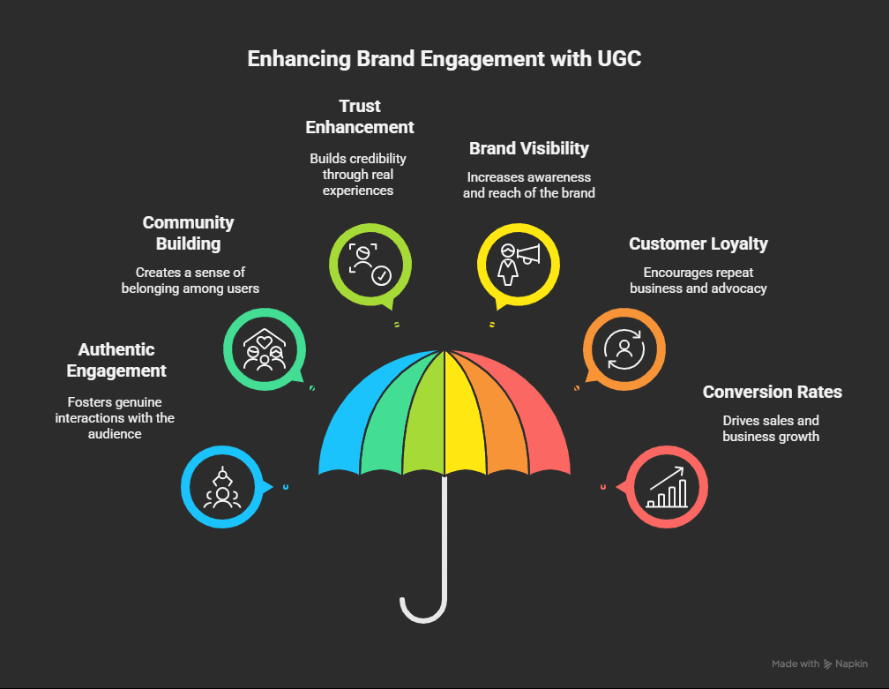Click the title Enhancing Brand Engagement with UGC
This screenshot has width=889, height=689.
(444, 59)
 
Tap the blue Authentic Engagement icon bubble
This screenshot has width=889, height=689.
(222, 487)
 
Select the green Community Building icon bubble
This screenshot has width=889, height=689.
(264, 348)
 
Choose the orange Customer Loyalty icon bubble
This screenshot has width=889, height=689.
(624, 348)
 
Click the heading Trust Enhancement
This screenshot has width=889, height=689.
(360, 116)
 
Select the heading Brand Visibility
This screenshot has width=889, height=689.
(528, 147)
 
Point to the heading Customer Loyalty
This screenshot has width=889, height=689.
(698, 243)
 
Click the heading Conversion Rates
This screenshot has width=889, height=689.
(772, 392)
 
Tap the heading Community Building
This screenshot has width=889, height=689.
(188, 233)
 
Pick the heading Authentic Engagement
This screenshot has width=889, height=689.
(116, 360)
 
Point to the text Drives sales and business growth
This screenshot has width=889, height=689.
(771, 429)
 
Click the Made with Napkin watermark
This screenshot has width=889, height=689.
(819, 663)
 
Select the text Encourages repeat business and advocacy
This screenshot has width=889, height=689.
(698, 280)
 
